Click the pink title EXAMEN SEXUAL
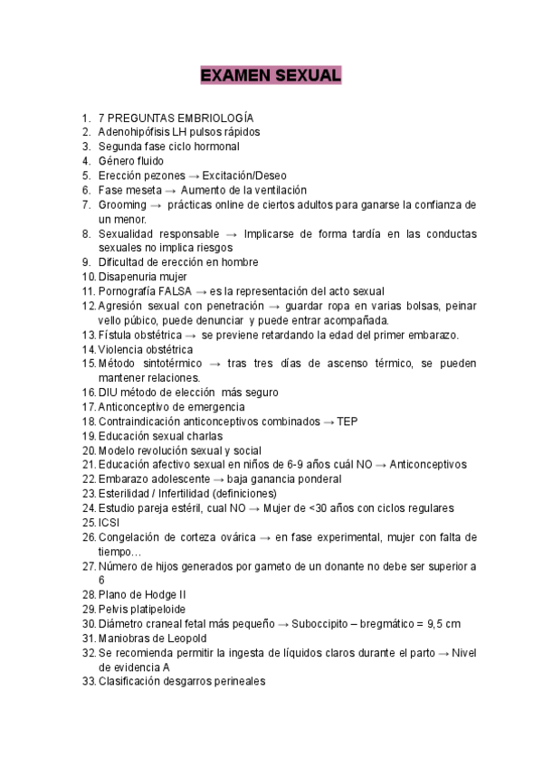tap(271, 75)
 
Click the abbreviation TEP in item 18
tap(347, 421)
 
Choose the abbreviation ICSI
tap(109, 523)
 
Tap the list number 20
tap(88, 450)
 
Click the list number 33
tap(88, 682)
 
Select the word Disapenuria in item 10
tap(129, 277)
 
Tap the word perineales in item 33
tap(237, 682)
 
